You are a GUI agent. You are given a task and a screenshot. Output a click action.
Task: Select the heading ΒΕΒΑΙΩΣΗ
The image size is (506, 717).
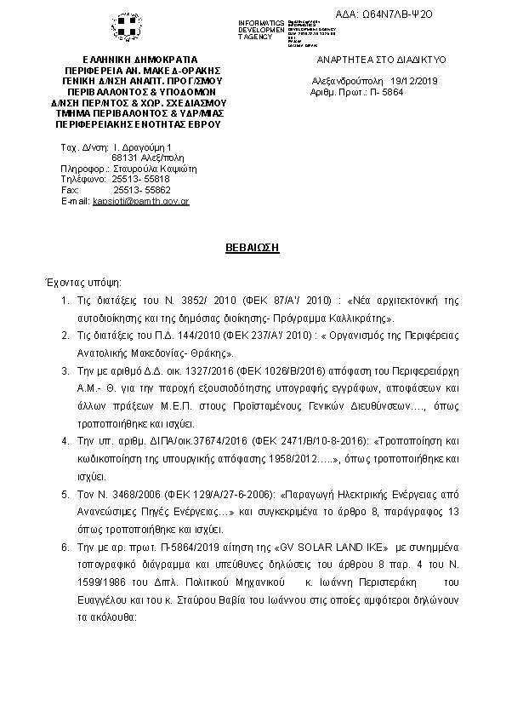pyautogui.click(x=253, y=245)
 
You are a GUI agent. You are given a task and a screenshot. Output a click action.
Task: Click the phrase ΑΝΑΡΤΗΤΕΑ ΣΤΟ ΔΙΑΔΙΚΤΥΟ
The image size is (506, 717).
pyautogui.click(x=381, y=60)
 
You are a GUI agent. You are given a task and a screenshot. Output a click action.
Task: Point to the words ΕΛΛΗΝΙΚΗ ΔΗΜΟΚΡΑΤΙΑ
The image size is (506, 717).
pyautogui.click(x=137, y=60)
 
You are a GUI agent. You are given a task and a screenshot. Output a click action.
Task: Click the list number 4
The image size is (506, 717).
pyautogui.click(x=65, y=441)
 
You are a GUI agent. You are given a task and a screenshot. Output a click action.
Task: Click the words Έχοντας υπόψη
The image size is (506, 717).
pyautogui.click(x=82, y=280)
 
